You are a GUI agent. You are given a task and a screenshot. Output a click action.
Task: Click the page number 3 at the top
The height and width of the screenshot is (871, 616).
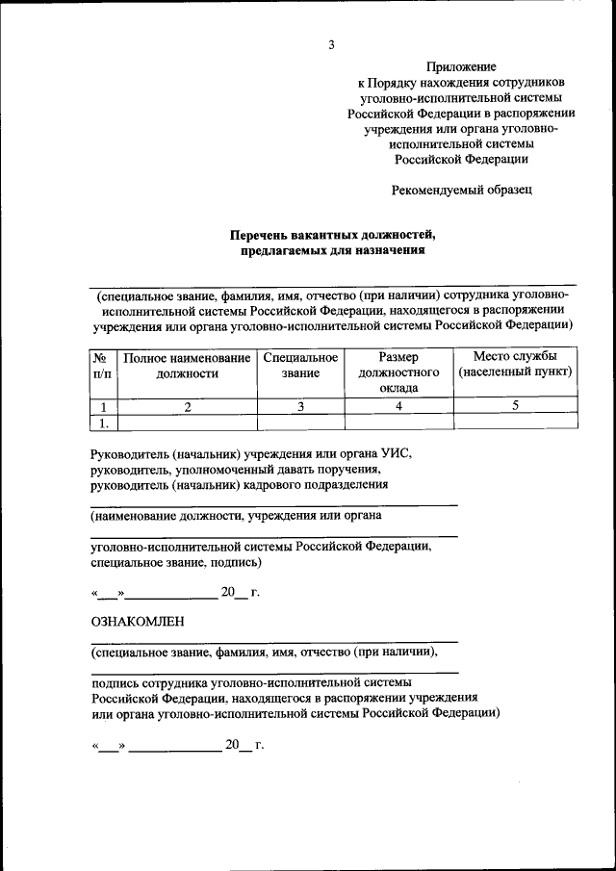pos(330,45)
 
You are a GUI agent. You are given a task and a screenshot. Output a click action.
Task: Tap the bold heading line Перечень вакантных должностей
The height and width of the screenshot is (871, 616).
pos(332,235)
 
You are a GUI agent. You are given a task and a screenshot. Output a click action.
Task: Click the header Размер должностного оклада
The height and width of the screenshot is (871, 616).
pos(398,372)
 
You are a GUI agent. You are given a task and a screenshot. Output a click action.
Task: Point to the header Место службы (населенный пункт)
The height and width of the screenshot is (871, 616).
pos(515,365)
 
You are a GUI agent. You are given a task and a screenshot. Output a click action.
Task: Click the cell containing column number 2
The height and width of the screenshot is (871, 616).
pos(187,406)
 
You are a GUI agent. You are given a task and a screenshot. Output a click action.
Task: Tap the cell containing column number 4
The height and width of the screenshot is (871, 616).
pos(398,406)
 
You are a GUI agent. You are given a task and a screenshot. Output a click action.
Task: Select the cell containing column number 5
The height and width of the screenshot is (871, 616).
pos(515,406)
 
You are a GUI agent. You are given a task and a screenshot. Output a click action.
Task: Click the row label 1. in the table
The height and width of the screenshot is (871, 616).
pos(102,422)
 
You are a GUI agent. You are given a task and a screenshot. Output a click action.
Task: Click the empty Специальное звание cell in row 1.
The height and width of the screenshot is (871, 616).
pos(300,422)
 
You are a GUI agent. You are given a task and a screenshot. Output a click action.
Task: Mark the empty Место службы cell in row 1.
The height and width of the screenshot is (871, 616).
pos(515,422)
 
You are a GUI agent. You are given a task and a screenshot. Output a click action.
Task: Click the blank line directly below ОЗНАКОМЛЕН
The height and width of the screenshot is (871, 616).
pos(274,641)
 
